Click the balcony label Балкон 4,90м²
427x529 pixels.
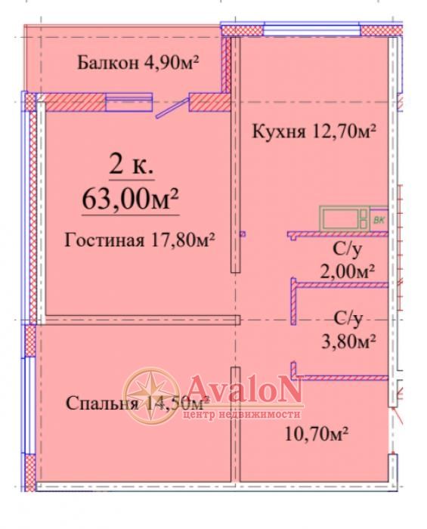pyautogui.click(x=138, y=63)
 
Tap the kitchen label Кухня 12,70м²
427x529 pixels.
pyautogui.click(x=314, y=131)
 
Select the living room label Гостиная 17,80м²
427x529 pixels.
pyautogui.click(x=140, y=240)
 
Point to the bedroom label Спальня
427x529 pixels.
pyautogui.click(x=102, y=404)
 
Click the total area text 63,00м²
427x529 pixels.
pyautogui.click(x=130, y=199)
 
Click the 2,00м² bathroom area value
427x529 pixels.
pyautogui.click(x=348, y=271)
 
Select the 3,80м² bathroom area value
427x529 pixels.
pyautogui.click(x=348, y=342)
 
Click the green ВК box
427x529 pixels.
pyautogui.click(x=379, y=220)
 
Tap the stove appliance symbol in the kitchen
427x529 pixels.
pyautogui.click(x=345, y=218)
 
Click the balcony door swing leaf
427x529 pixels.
pyautogui.click(x=172, y=108)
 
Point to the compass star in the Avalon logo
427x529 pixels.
pyautogui.click(x=150, y=395)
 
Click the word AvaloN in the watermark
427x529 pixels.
pyautogui.click(x=244, y=390)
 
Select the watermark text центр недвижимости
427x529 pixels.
pyautogui.click(x=242, y=414)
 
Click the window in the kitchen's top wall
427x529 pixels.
pyautogui.click(x=311, y=29)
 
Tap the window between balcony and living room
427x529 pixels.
pyautogui.click(x=128, y=102)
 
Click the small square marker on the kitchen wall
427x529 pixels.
pyautogui.click(x=243, y=234)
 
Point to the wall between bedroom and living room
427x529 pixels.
pyautogui.click(x=142, y=320)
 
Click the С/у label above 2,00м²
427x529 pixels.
pyautogui.click(x=348, y=249)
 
